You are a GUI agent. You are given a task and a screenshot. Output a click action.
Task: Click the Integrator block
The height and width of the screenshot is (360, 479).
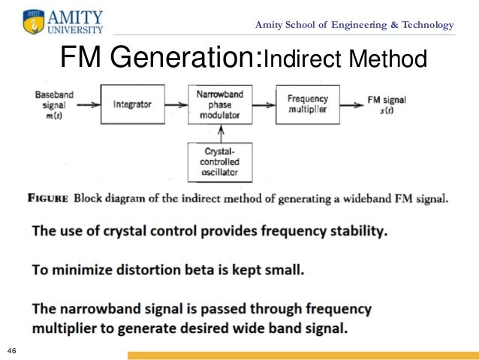point(132,104)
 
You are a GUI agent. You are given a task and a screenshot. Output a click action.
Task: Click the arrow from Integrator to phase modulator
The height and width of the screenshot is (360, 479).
point(174,104)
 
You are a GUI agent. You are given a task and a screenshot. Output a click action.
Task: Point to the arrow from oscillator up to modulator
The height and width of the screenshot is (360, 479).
point(221,133)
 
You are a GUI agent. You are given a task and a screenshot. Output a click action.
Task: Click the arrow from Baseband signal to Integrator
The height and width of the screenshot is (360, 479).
point(87,104)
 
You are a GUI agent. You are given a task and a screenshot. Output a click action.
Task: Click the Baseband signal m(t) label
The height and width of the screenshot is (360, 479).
point(51,104)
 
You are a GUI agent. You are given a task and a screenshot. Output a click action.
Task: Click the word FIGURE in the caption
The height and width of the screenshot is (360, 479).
point(47,199)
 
